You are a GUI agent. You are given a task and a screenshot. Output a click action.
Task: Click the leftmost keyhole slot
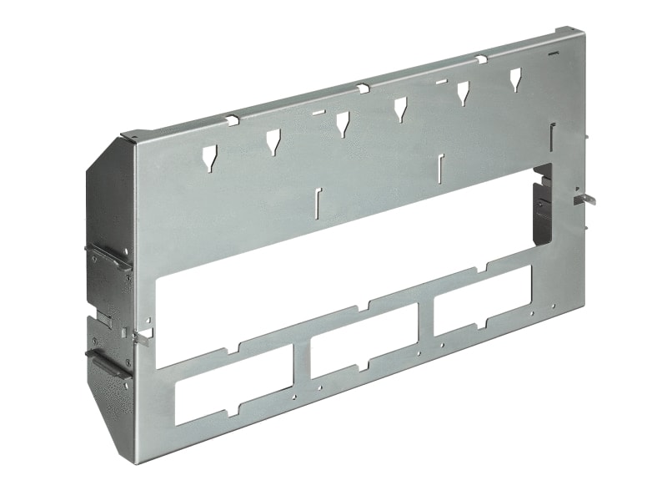(209, 156)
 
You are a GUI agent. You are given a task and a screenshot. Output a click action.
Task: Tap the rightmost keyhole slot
(515, 79)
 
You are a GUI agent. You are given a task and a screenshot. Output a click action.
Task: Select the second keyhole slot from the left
(273, 141)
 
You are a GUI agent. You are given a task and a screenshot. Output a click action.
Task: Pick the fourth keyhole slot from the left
(401, 108)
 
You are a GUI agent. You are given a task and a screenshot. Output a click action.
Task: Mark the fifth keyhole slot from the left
(461, 94)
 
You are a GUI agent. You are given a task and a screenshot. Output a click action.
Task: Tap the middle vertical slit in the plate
(441, 167)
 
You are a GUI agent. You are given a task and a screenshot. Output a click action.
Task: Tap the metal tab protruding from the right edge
(586, 199)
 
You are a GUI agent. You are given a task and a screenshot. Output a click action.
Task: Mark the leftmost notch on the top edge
(231, 121)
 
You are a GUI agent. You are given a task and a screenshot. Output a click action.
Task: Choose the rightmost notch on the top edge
(482, 58)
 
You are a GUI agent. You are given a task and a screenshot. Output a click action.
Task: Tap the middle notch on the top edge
(362, 88)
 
